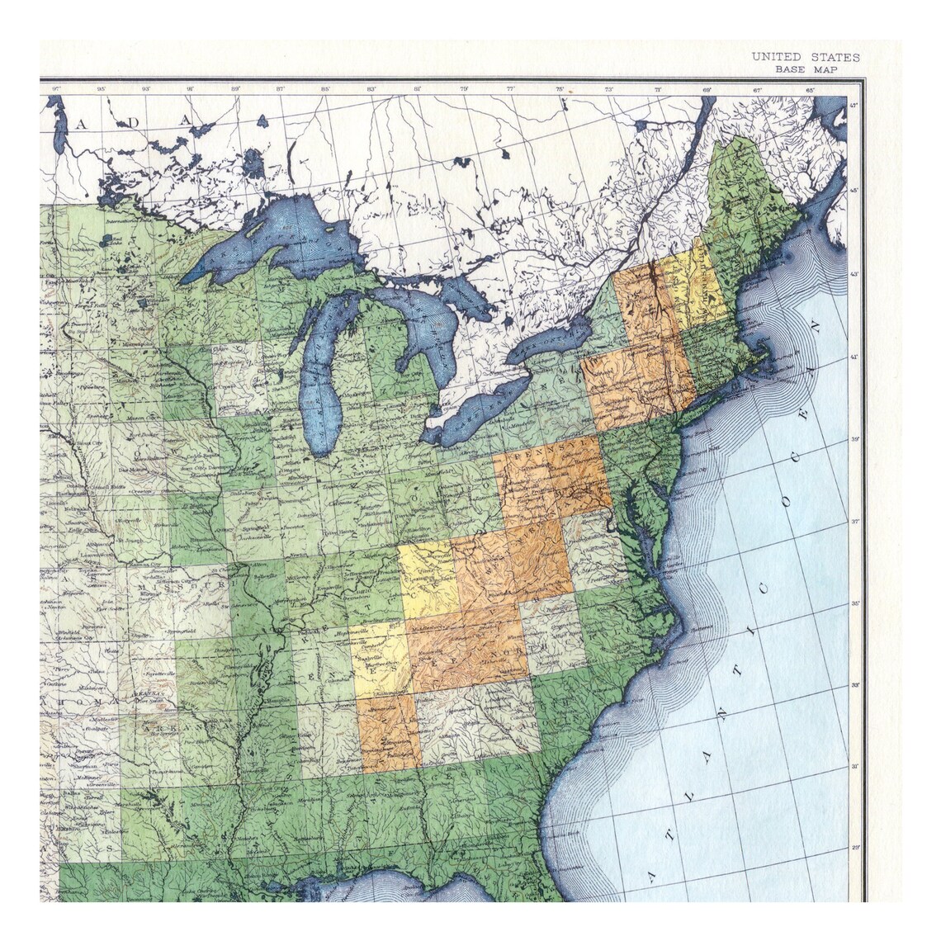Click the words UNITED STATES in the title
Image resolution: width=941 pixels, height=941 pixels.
pyautogui.click(x=805, y=57)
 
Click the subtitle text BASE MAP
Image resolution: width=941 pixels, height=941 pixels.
pyautogui.click(x=806, y=69)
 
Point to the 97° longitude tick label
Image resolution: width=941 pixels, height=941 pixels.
pyautogui.click(x=55, y=88)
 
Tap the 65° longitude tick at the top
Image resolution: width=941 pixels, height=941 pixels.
pyautogui.click(x=810, y=88)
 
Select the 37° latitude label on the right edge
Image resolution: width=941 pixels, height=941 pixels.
pyautogui.click(x=855, y=522)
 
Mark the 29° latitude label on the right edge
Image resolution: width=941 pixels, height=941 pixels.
pyautogui.click(x=855, y=848)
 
